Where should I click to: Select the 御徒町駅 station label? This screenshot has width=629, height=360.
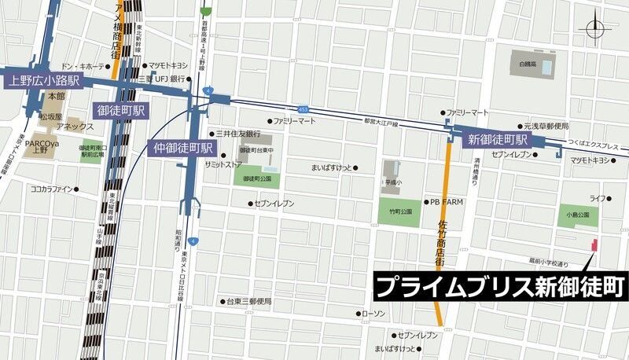[x=120, y=109]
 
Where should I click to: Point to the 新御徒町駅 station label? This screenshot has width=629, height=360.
[x=498, y=140]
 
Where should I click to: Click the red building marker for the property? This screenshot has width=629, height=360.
[x=594, y=246]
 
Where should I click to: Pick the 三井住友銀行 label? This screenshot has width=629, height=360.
[x=238, y=134]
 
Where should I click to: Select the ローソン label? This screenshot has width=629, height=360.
[x=373, y=314]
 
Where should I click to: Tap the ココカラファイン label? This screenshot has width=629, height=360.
[x=51, y=189]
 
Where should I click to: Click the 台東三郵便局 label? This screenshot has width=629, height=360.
[x=249, y=302]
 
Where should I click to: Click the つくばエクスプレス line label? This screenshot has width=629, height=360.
[x=591, y=146]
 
